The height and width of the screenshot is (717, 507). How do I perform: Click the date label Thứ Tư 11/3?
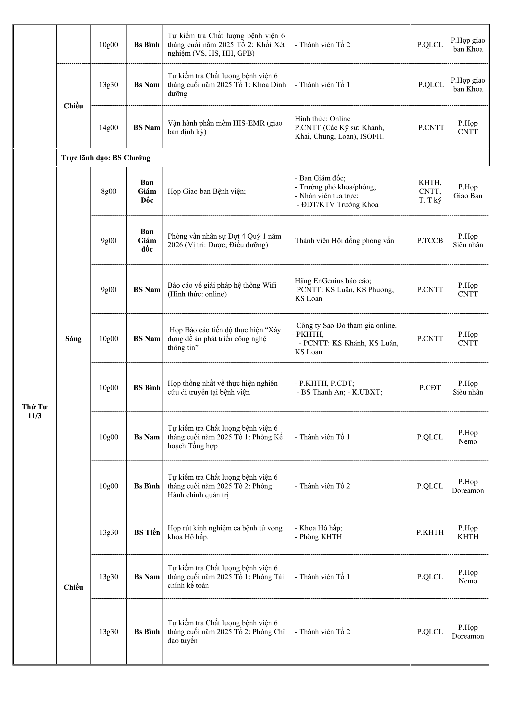coord(34,411)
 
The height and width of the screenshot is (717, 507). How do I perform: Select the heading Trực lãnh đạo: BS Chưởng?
coord(105,158)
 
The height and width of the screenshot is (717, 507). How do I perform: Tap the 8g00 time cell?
coord(108,191)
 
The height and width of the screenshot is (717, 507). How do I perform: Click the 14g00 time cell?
coord(108,128)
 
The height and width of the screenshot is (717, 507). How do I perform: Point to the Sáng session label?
coord(73,338)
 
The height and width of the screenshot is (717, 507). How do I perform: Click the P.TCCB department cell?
coord(430,241)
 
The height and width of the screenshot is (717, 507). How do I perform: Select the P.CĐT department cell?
coord(430,387)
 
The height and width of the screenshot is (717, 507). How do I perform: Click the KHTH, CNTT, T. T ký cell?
coord(430,191)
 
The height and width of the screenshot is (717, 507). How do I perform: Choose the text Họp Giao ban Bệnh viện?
coord(206,191)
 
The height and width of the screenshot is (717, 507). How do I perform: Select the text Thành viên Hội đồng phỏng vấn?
coord(344,241)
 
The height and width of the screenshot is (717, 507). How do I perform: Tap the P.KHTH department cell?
coord(430,532)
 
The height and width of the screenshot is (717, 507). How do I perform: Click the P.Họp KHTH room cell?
coord(468,532)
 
